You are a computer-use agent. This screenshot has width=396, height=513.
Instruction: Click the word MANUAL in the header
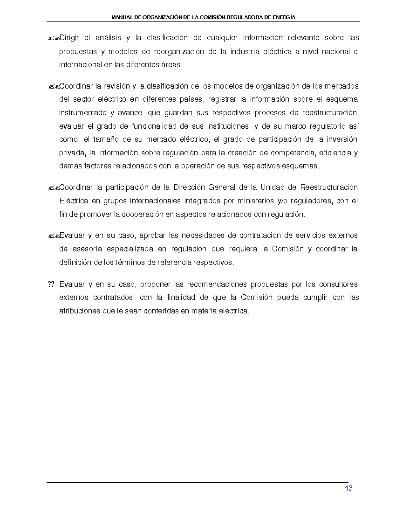[x=122, y=17]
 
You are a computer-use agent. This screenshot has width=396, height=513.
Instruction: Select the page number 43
[x=348, y=488]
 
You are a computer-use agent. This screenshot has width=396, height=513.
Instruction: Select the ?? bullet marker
[x=51, y=284]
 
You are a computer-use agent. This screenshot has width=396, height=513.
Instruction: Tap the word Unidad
[x=273, y=187]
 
